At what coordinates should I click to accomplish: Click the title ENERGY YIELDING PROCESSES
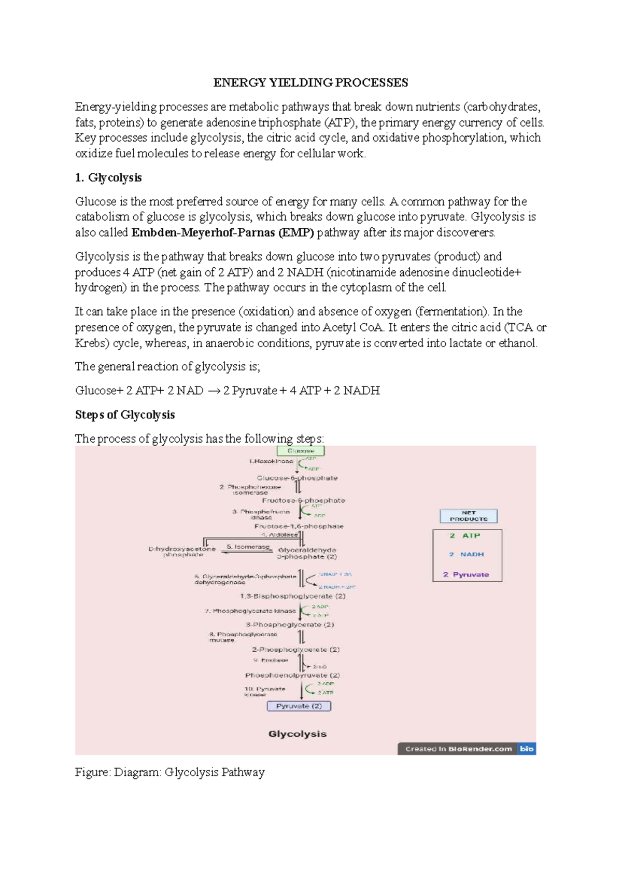[x=310, y=82]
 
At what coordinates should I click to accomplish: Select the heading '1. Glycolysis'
[x=108, y=177]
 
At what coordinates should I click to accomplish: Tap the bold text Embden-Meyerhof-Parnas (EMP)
[x=223, y=232]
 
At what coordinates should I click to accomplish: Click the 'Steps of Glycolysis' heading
[x=124, y=415]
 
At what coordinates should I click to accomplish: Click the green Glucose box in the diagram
[x=301, y=451]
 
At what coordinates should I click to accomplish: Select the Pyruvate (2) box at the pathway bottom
[x=299, y=706]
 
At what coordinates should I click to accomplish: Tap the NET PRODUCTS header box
[x=469, y=516]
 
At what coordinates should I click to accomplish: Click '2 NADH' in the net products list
[x=466, y=554]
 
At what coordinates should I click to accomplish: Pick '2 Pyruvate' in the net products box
[x=466, y=574]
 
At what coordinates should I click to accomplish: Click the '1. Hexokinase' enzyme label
[x=271, y=461]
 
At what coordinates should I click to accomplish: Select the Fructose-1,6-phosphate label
[x=299, y=526]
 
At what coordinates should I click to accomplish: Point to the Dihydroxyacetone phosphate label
[x=182, y=552]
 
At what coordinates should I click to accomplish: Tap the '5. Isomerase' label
[x=248, y=547]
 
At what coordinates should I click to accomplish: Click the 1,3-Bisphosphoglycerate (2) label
[x=292, y=596]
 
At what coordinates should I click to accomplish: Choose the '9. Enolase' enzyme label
[x=271, y=660]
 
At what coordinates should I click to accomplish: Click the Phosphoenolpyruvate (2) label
[x=292, y=676]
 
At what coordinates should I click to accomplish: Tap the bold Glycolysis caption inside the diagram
[x=298, y=734]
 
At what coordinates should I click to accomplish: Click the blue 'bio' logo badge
[x=527, y=749]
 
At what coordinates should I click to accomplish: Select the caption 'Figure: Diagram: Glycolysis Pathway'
[x=169, y=772]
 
